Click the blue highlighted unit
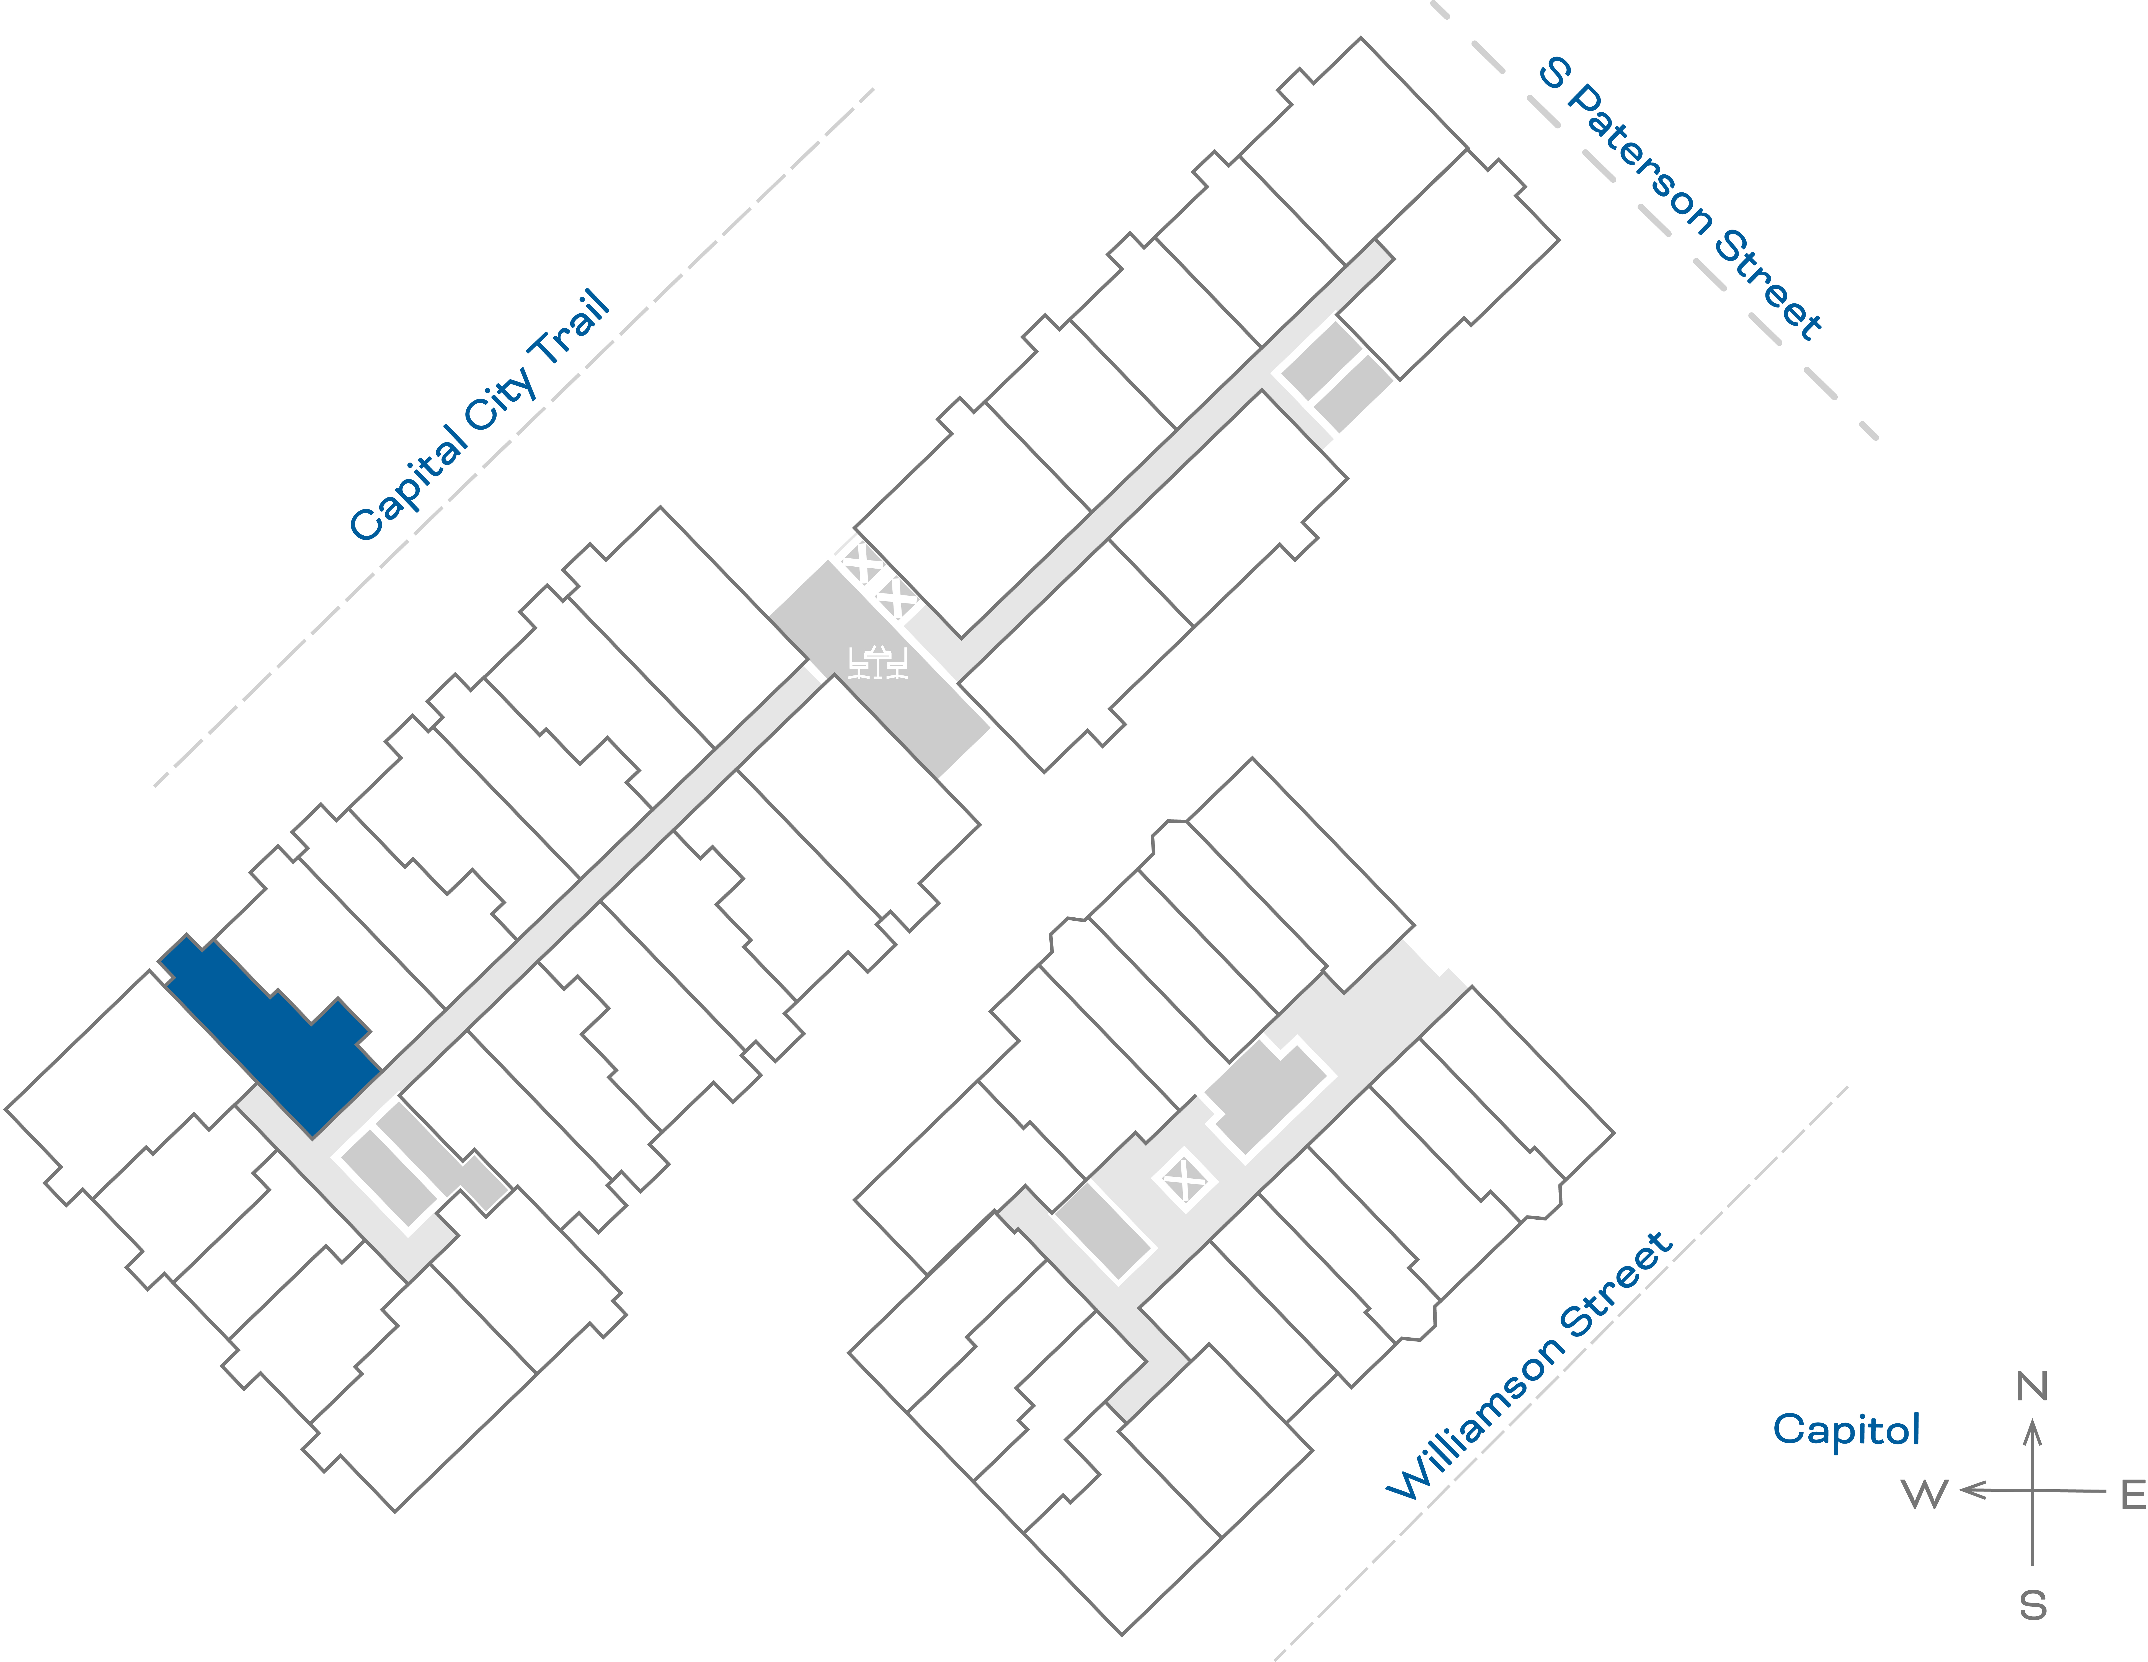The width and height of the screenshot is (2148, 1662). pyautogui.click(x=285, y=1042)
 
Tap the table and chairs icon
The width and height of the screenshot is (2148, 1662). pyautogui.click(x=877, y=662)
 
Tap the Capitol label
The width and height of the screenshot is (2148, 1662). pyautogui.click(x=1846, y=1429)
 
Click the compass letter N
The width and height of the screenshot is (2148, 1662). pyautogui.click(x=2032, y=1387)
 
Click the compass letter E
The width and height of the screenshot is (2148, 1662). pyautogui.click(x=2132, y=1495)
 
